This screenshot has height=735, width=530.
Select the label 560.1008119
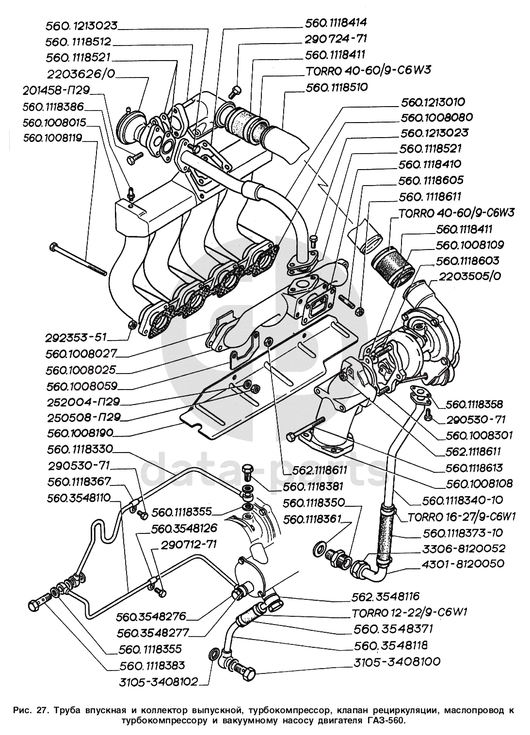click(x=53, y=138)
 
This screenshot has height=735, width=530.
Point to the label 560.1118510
click(x=337, y=88)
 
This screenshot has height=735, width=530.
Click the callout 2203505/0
click(x=469, y=276)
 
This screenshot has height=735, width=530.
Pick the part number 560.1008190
click(x=80, y=433)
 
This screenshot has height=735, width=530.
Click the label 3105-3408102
click(x=158, y=682)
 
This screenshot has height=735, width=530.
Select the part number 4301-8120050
click(x=463, y=563)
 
